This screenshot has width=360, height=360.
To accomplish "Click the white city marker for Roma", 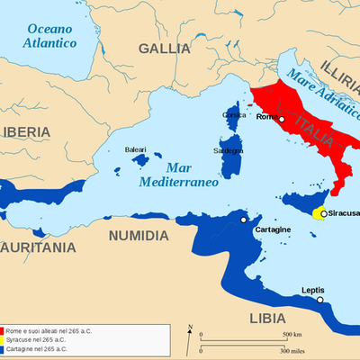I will pos(282,119).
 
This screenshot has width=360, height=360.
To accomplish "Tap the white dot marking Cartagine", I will pos(244,219).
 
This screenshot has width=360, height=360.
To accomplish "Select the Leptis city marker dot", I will pos(319,301).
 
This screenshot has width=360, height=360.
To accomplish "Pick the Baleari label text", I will pos(135,148).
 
